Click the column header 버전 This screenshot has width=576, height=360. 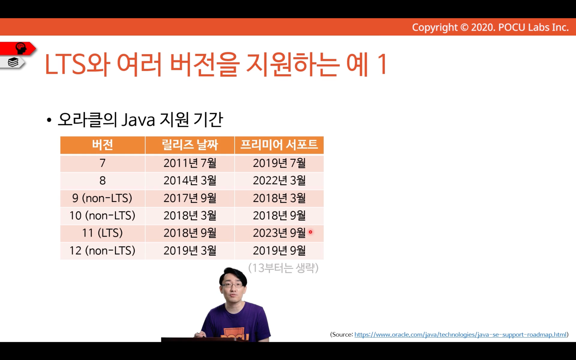point(102,145)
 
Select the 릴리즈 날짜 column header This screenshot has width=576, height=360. point(190,145)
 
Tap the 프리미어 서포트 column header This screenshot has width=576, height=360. point(279,145)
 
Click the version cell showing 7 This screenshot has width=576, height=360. point(102,163)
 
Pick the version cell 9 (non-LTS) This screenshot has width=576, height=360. point(102,198)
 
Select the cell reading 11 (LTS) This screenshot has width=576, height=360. point(102,233)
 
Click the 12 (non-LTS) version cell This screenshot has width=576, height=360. point(102,250)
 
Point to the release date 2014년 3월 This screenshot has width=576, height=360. point(190,181)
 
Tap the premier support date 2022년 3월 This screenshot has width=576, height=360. point(279,181)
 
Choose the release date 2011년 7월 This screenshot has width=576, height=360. point(190,163)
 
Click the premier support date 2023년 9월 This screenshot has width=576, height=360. point(279,233)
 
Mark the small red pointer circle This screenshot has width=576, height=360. point(310,232)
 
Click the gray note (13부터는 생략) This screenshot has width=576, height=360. point(283,268)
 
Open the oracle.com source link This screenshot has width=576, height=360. point(461,334)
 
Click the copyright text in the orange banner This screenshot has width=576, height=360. point(490,27)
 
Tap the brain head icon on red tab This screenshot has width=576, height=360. point(21,48)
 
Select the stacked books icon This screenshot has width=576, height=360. point(13,62)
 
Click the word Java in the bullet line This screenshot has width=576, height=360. point(138,120)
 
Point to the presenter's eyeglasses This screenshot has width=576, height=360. point(232,285)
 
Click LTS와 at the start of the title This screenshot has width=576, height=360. point(77,64)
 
